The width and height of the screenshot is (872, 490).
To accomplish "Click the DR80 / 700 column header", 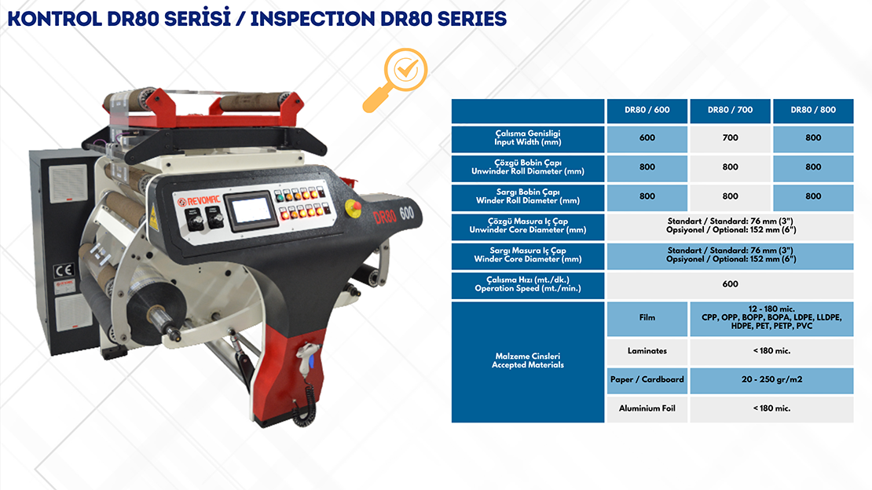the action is pyautogui.click(x=730, y=110).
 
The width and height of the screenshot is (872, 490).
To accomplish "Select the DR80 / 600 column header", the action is pyautogui.click(x=647, y=110).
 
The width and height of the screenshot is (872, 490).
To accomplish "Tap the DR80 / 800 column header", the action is pyautogui.click(x=813, y=110).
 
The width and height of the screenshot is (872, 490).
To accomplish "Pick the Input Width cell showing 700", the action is pyautogui.click(x=730, y=138).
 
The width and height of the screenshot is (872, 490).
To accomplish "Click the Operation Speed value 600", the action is pyautogui.click(x=730, y=284).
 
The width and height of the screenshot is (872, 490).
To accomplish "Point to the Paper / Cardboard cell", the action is pyautogui.click(x=647, y=380).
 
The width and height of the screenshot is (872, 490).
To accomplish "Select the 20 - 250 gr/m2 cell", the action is pyautogui.click(x=771, y=380).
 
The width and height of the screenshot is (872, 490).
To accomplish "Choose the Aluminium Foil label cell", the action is pyautogui.click(x=647, y=409).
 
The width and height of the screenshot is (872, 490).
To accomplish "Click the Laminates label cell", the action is pyautogui.click(x=647, y=351).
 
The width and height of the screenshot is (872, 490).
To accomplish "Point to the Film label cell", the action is pyautogui.click(x=647, y=318).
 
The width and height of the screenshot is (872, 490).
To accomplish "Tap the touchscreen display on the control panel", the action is pyautogui.click(x=251, y=210).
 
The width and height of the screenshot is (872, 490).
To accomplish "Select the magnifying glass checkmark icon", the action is pyautogui.click(x=396, y=79).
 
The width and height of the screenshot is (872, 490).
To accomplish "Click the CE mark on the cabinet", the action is pyautogui.click(x=64, y=270).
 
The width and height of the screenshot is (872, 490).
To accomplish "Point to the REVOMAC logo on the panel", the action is pyautogui.click(x=199, y=200).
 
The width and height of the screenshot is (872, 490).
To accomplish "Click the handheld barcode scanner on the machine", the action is pyautogui.click(x=307, y=361).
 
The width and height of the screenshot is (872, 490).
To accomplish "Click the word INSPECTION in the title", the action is pyautogui.click(x=312, y=19).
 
